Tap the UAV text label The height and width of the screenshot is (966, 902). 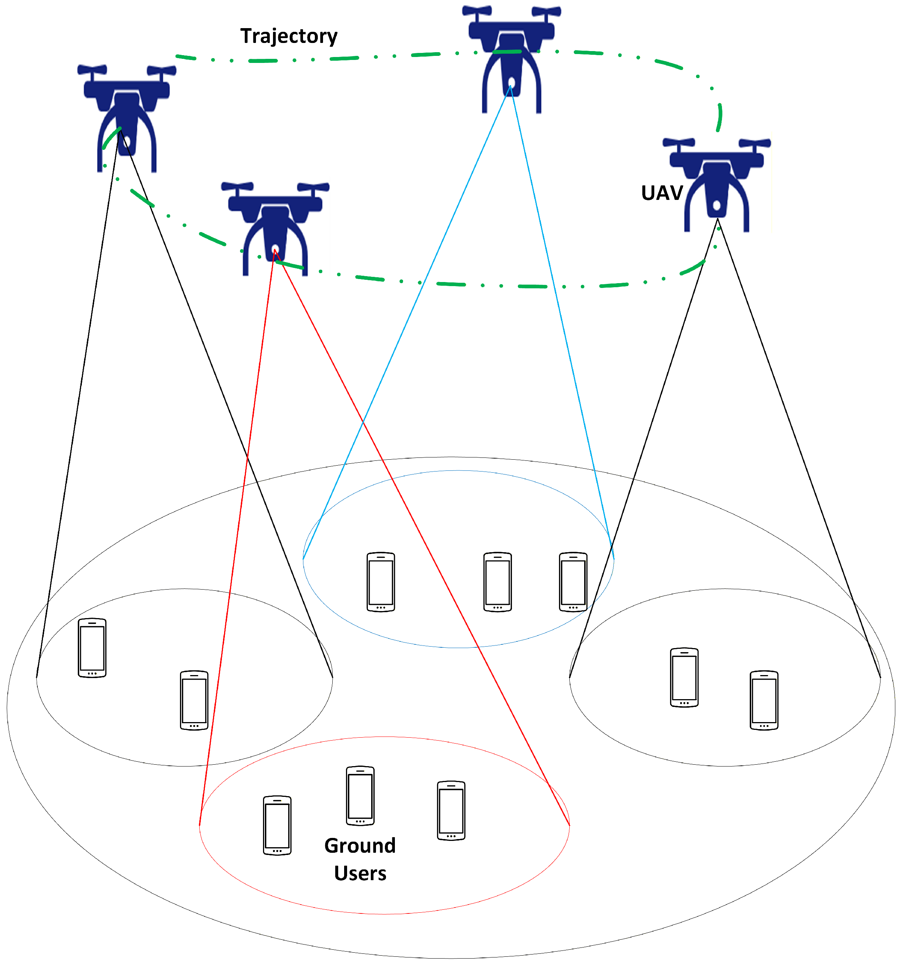click(x=662, y=193)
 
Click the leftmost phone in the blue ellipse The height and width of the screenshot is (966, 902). click(x=381, y=582)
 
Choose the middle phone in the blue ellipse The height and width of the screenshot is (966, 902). click(x=497, y=582)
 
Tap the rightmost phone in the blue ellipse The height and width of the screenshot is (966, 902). click(x=573, y=582)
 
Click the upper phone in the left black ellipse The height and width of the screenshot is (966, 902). click(x=92, y=648)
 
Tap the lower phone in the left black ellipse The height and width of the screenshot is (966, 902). click(x=194, y=700)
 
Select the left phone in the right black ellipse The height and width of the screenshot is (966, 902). click(x=684, y=677)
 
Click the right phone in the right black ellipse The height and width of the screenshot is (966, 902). click(x=764, y=700)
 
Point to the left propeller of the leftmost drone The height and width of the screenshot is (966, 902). click(x=92, y=70)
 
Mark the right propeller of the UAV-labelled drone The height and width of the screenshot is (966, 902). click(x=754, y=143)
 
